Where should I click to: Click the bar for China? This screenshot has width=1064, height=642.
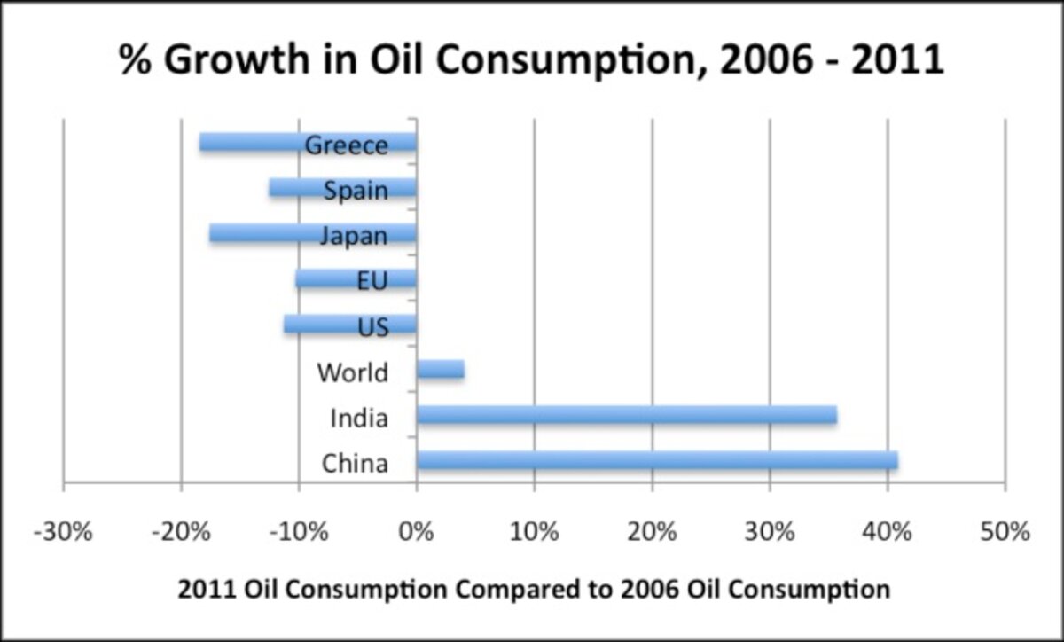(x=656, y=460)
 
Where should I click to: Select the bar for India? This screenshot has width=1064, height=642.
(x=626, y=415)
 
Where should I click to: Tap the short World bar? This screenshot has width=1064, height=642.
(x=441, y=370)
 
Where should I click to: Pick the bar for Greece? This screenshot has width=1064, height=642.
(x=266, y=142)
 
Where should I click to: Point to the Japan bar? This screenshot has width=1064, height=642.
(x=266, y=233)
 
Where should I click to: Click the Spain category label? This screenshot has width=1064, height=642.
(x=356, y=190)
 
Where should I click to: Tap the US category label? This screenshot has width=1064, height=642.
(x=373, y=327)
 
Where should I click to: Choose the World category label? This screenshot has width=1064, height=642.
(x=352, y=372)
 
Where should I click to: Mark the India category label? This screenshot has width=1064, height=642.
(x=358, y=418)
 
